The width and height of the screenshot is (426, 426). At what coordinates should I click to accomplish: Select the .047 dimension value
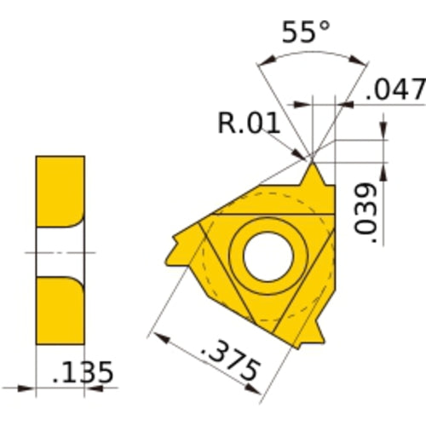(394, 88)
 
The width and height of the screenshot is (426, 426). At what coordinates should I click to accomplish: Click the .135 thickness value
(83, 373)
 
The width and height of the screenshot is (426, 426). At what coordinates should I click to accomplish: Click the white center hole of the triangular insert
(267, 253)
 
